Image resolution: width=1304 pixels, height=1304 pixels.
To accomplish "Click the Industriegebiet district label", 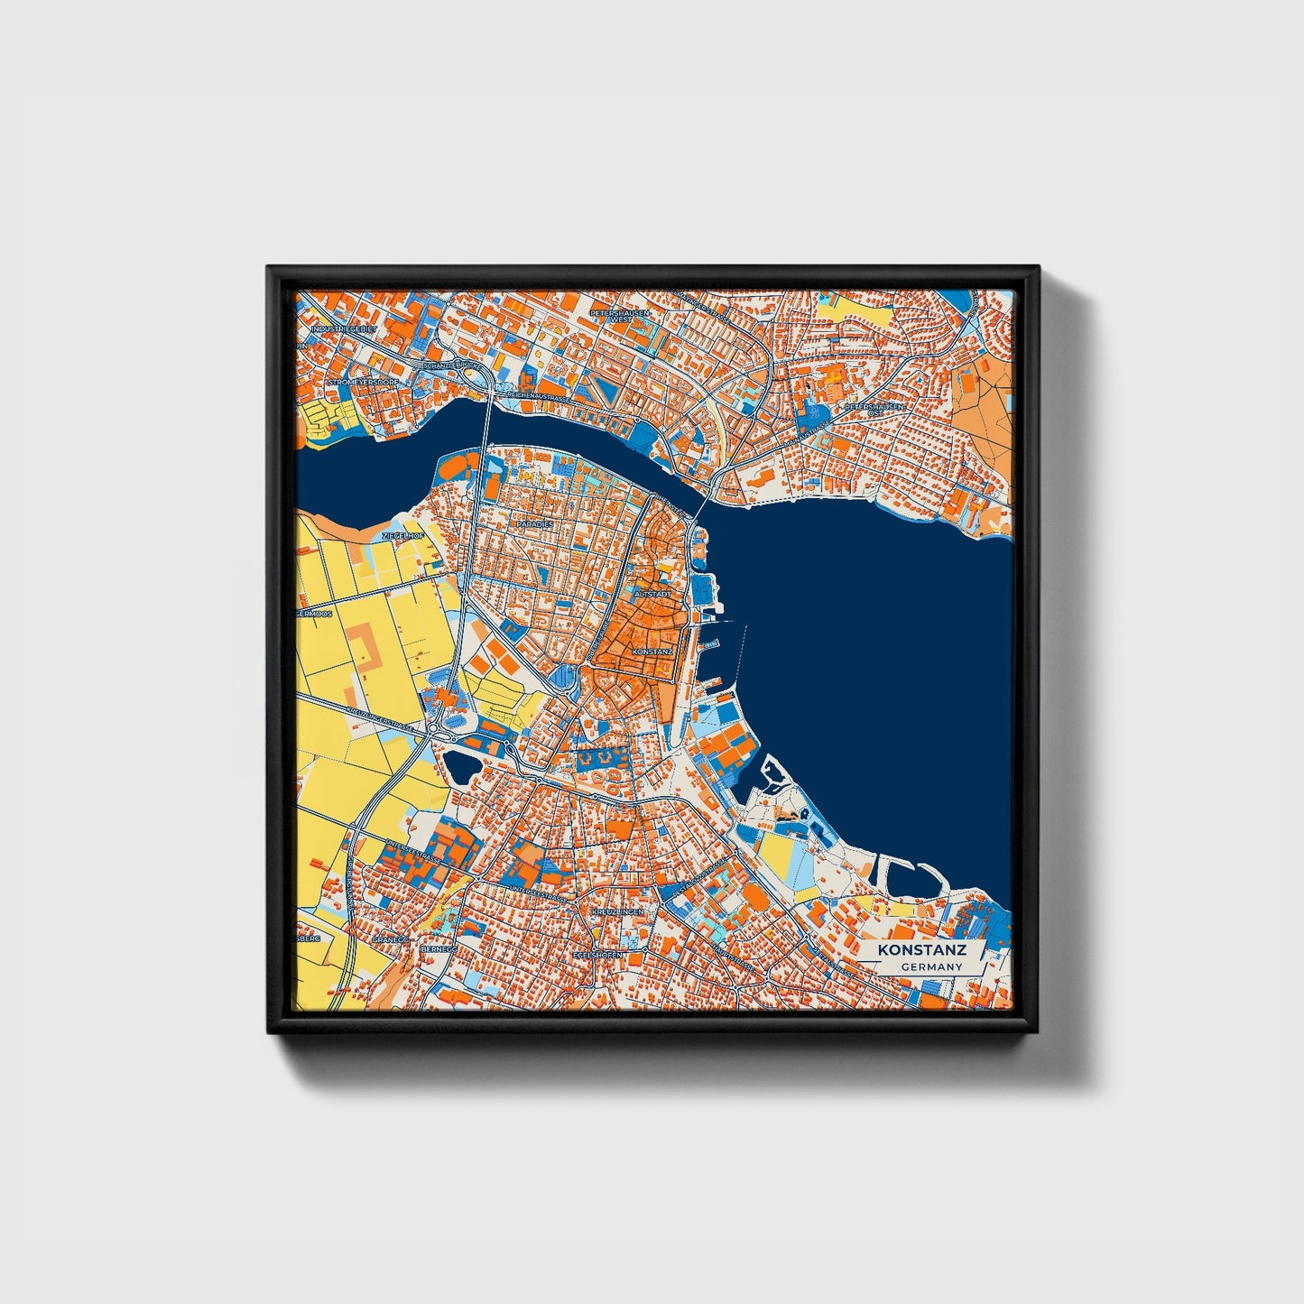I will [342, 330].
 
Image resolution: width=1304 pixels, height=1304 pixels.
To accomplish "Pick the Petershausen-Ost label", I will [874, 410].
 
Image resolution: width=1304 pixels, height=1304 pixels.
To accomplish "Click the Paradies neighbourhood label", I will [535, 523].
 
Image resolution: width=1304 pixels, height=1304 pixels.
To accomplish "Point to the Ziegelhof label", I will [402, 536].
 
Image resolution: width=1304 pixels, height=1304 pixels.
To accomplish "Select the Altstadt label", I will [653, 596].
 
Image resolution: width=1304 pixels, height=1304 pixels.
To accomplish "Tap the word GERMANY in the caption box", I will [930, 966].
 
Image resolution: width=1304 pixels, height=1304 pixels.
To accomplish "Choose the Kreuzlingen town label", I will [619, 913].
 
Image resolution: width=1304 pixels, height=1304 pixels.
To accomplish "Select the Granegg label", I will [392, 939].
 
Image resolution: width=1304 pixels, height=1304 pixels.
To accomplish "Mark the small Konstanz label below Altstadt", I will [653, 651].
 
